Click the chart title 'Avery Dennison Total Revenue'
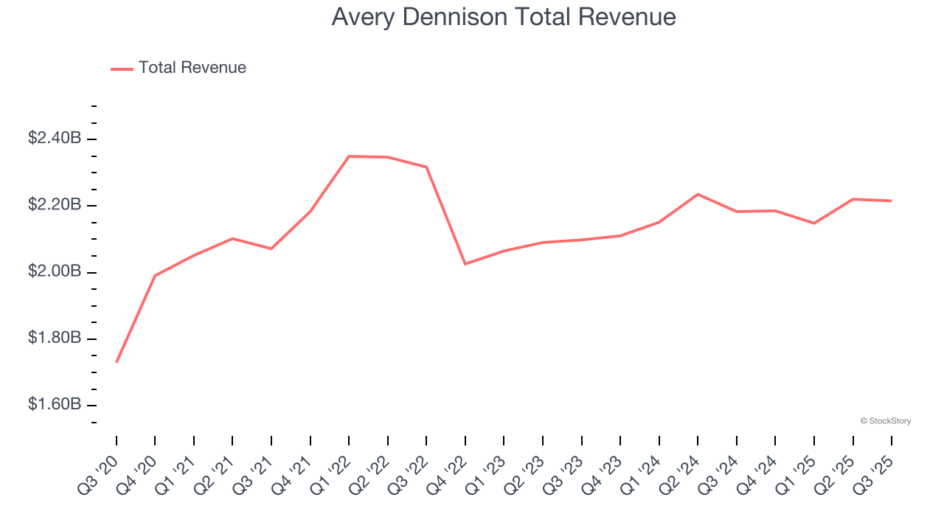point(504,17)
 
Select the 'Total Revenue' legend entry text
point(192,68)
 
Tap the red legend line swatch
point(122,69)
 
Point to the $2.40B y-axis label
point(55,138)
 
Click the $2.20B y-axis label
point(55,204)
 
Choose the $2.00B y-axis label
point(55,271)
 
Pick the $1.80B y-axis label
point(55,338)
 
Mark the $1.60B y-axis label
point(55,404)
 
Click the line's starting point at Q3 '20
point(117,362)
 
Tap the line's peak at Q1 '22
point(349,156)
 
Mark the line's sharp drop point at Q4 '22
point(465,264)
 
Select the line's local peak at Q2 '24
point(698,194)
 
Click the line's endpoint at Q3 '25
point(892,201)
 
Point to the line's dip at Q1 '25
point(814,223)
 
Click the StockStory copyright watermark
point(885,421)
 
